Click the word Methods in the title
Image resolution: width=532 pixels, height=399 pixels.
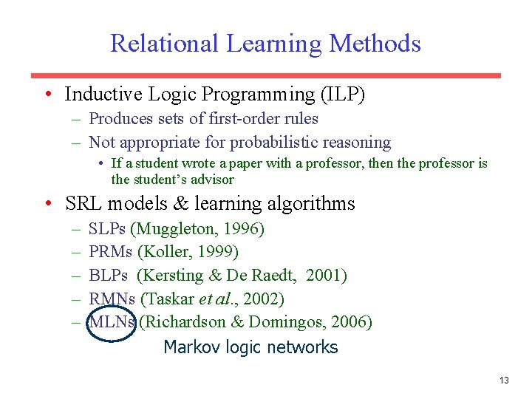(x=375, y=44)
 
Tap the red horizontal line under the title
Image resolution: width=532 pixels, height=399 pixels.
(x=265, y=75)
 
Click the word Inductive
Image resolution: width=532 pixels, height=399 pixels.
(x=102, y=95)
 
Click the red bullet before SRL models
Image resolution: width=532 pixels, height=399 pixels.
(x=47, y=204)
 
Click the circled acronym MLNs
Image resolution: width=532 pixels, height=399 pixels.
(x=112, y=323)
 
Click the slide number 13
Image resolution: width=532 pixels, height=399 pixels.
(x=504, y=381)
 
